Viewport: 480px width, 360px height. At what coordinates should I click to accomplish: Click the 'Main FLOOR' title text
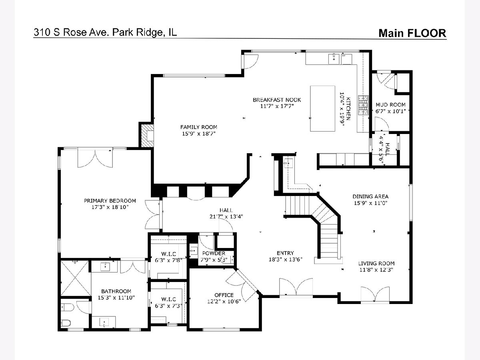(x=412, y=33)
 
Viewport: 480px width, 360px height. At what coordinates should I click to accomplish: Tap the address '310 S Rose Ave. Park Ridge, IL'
(x=105, y=32)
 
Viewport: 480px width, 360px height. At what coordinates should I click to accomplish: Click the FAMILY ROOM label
(x=199, y=127)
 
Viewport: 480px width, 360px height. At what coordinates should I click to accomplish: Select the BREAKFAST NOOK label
(x=277, y=100)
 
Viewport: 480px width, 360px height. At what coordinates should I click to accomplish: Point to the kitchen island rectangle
(x=323, y=108)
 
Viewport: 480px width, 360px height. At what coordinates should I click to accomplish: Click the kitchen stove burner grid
(x=363, y=105)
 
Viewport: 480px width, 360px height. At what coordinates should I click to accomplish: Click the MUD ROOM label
(x=390, y=105)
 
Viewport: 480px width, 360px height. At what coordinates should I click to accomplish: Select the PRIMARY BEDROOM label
(x=110, y=201)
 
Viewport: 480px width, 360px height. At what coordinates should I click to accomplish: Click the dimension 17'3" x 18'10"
(x=110, y=207)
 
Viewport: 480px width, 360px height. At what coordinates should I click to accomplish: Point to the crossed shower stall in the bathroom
(x=76, y=278)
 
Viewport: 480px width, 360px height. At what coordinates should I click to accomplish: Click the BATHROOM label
(x=116, y=291)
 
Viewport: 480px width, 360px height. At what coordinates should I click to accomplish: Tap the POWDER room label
(x=214, y=253)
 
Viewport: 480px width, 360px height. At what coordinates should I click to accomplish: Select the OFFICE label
(x=224, y=295)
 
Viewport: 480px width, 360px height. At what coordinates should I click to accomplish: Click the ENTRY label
(x=285, y=253)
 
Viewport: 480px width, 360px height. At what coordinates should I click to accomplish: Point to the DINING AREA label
(x=371, y=196)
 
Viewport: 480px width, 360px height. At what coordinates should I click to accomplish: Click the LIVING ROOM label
(x=376, y=263)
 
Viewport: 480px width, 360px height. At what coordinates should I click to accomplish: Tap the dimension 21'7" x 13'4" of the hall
(x=226, y=217)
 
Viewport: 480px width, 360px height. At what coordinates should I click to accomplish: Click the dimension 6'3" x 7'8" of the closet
(x=169, y=260)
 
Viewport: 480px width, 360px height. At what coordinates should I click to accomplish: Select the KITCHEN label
(x=348, y=108)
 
